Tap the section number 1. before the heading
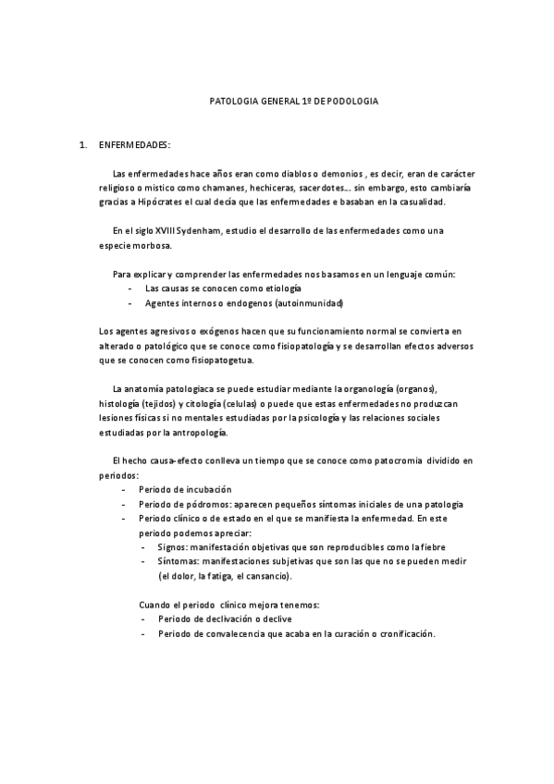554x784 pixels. pos(84,146)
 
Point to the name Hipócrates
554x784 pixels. pos(159,201)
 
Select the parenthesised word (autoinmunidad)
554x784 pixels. pos(303,303)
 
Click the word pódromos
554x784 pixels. pos(202,503)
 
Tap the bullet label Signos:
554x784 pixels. pos(175,546)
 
